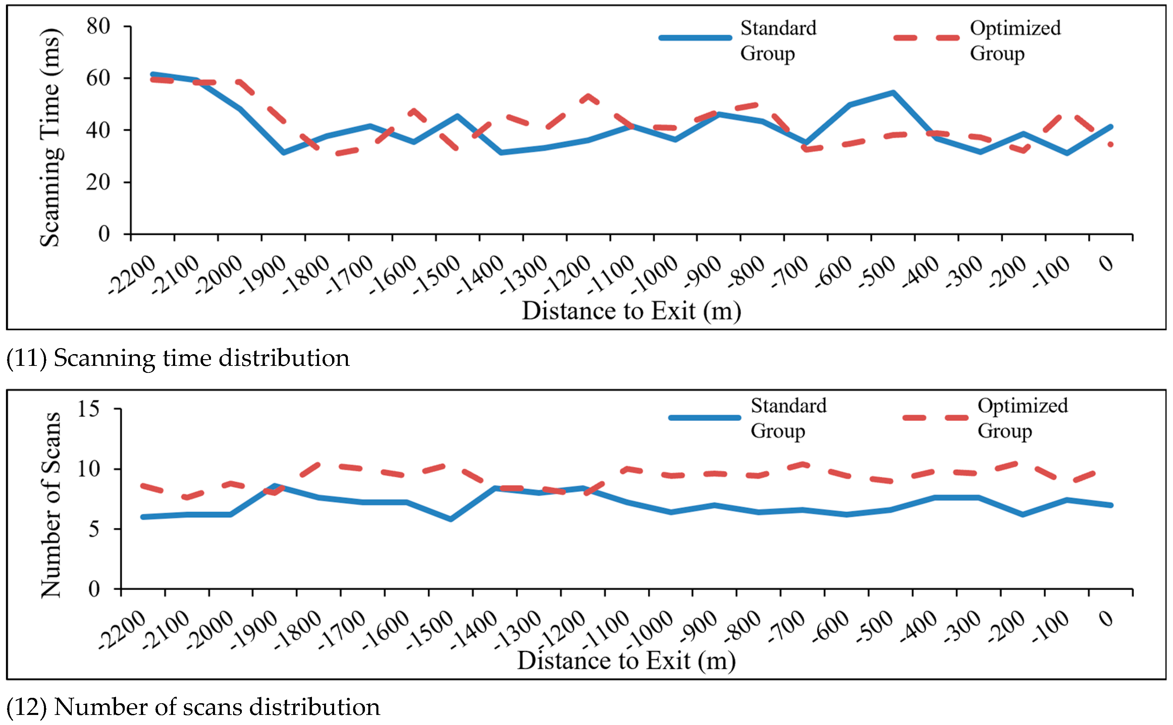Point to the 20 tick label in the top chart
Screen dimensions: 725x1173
point(98,182)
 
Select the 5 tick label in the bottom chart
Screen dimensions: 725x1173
point(94,529)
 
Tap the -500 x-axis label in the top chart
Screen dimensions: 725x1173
point(876,272)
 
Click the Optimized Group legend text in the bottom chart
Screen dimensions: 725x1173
point(1022,418)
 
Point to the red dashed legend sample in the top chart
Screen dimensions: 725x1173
point(926,38)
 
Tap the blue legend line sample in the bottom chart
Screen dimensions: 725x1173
point(704,417)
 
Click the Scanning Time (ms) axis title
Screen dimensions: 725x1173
point(50,137)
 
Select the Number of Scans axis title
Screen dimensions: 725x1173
point(51,505)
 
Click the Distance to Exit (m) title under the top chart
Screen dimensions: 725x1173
point(631,311)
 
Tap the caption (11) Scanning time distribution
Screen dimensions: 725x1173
point(177,358)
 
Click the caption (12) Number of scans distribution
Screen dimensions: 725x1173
point(193,707)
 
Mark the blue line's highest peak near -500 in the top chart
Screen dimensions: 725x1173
point(893,93)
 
